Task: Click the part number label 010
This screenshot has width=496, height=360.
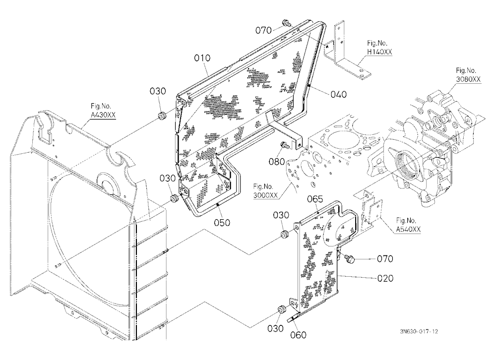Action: coord(202,58)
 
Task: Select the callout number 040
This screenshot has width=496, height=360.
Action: coord(338,94)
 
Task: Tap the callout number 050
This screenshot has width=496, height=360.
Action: coord(222,222)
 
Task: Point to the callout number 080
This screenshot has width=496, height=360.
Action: coord(277,162)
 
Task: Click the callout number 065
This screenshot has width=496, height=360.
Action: coord(315,199)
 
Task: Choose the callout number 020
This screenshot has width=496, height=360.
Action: coord(385,278)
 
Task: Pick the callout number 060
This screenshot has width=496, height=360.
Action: coord(298,335)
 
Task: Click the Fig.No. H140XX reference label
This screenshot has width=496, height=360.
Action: coord(379,48)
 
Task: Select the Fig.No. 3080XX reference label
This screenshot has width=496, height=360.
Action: coord(468,75)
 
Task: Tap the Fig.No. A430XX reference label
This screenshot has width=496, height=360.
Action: coord(103,111)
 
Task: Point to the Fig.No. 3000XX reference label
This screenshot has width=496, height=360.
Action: coord(265,191)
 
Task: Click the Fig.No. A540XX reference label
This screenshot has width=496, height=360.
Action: coord(408,225)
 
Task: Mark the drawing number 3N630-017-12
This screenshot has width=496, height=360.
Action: coord(419,332)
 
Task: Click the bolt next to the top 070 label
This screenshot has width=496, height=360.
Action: coord(287,23)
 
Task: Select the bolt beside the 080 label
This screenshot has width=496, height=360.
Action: coord(283,146)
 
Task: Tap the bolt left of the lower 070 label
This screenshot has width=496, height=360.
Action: coord(350,258)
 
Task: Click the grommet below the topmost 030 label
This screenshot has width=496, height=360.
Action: coord(163,116)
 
